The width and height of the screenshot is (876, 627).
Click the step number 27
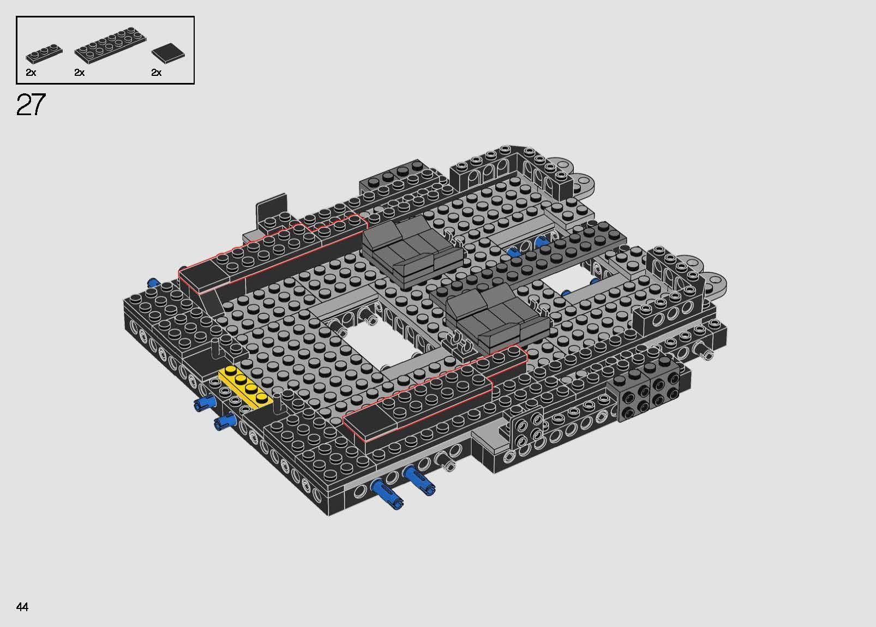31,105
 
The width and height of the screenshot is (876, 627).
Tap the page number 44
22,607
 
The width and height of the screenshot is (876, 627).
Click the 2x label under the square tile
157,73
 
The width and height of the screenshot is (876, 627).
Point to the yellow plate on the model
245,387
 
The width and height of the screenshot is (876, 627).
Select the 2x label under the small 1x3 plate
31,73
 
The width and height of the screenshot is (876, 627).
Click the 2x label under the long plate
80,73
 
